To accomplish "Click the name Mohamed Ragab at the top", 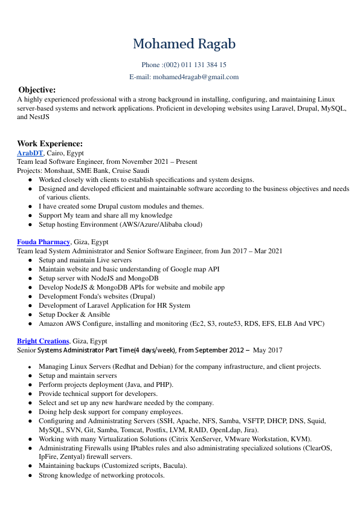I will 184,44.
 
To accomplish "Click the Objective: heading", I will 37,89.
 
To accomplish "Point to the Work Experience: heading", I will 50,143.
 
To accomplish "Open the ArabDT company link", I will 30,154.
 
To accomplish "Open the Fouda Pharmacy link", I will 43,242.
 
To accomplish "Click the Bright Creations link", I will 43,341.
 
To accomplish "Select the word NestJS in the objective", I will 40,117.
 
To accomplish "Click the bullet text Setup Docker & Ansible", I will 74,314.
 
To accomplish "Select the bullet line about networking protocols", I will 101,475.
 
